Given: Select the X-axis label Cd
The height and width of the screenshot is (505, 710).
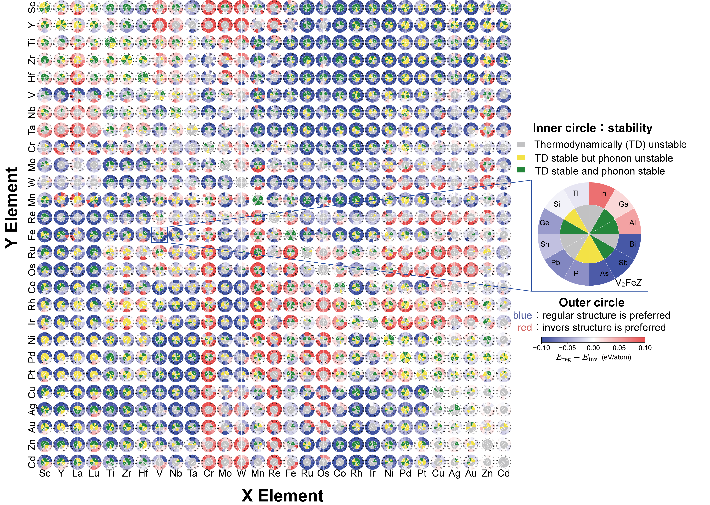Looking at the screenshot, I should pos(503,473).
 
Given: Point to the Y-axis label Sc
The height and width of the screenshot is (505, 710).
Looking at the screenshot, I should pos(32,7).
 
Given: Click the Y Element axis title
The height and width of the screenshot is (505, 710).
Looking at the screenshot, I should pos(12,208).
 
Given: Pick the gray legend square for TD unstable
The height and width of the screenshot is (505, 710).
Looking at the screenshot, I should pos(521,145).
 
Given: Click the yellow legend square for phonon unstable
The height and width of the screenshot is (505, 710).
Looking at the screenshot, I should pos(521,158).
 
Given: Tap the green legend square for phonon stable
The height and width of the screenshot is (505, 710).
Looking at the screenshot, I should pos(521,170).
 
